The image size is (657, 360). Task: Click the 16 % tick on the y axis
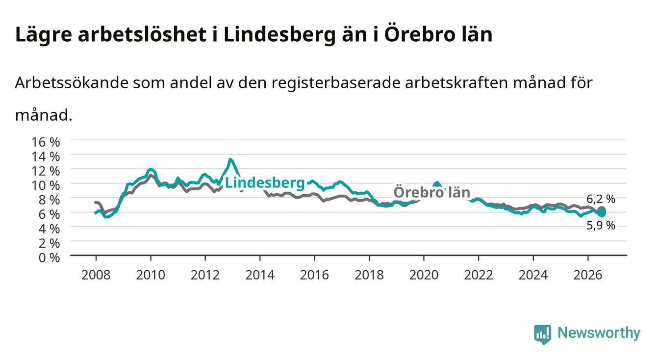click(x=46, y=142)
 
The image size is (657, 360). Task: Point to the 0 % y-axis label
click(x=49, y=257)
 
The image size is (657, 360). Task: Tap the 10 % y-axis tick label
click(x=46, y=185)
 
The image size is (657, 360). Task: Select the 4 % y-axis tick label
click(x=49, y=229)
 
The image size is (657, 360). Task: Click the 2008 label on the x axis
click(x=96, y=275)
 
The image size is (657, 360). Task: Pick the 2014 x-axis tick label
click(x=260, y=275)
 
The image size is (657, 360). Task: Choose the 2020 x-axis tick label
click(x=424, y=275)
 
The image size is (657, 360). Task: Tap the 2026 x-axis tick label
click(x=588, y=275)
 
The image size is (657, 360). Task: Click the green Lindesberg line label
click(x=265, y=183)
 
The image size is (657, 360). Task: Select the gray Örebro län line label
click(x=432, y=192)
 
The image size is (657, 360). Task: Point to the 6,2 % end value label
click(x=601, y=199)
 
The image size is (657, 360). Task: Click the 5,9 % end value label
click(x=601, y=225)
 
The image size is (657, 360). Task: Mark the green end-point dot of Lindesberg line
click(x=602, y=213)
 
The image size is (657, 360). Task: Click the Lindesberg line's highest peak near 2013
click(x=230, y=159)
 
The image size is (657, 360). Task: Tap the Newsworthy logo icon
click(x=543, y=334)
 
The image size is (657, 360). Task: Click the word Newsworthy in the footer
click(x=599, y=333)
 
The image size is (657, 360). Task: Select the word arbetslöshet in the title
click(x=142, y=34)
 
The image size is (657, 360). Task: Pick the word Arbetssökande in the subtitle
click(x=72, y=83)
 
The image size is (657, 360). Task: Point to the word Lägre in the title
click(x=44, y=35)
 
